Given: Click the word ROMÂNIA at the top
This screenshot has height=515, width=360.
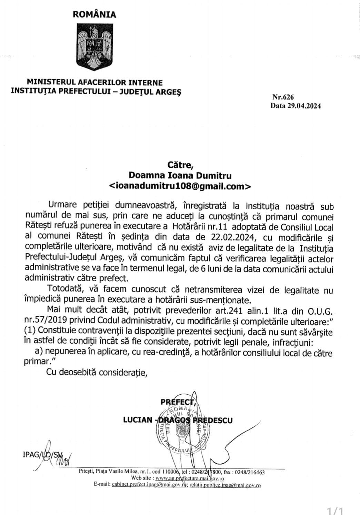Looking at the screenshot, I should click(x=94, y=14).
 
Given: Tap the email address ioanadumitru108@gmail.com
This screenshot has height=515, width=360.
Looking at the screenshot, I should click(x=179, y=186).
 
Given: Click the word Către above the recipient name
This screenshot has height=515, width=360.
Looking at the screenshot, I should click(x=180, y=168).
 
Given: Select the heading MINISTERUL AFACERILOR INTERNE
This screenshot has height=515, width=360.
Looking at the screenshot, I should click(x=95, y=83).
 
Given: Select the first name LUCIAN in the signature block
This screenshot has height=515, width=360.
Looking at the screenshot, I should click(x=138, y=420).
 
